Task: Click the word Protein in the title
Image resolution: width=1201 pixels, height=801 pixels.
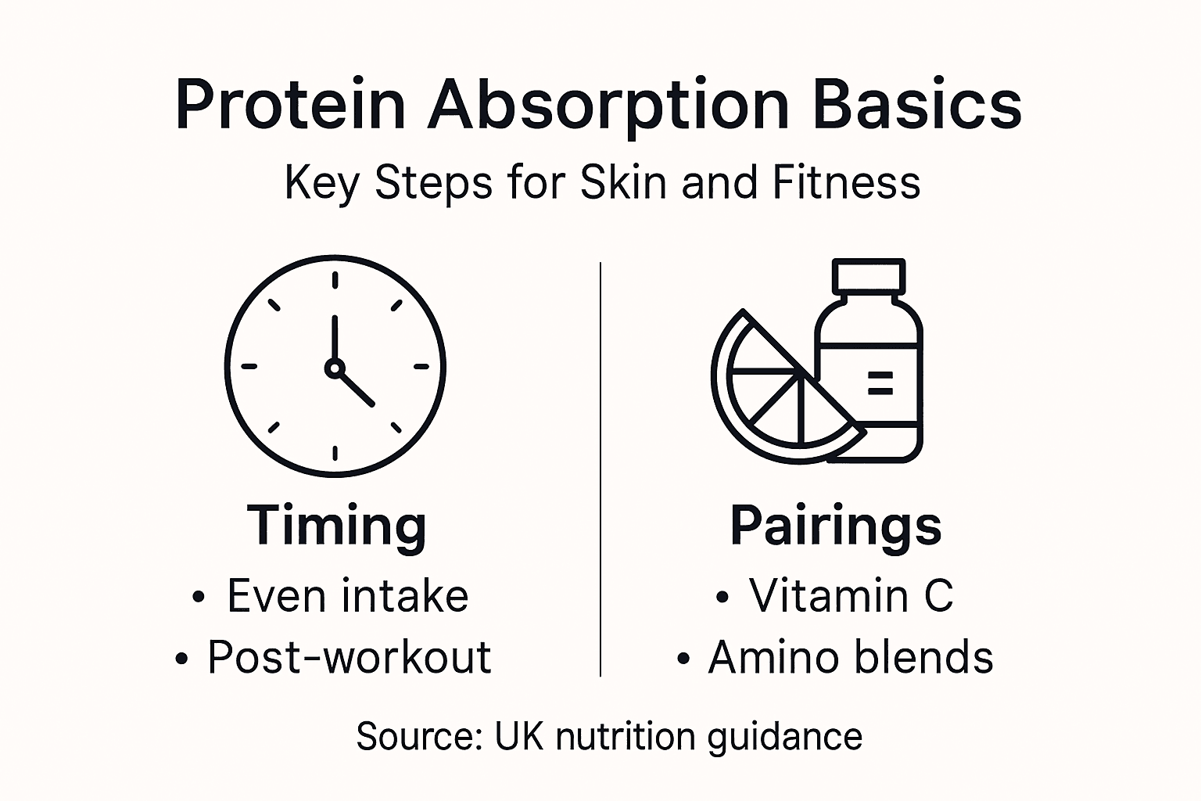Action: (290, 106)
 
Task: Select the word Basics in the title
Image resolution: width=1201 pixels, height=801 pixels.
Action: (917, 106)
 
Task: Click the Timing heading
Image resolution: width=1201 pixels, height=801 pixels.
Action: (336, 526)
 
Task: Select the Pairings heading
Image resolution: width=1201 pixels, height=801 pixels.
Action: (835, 526)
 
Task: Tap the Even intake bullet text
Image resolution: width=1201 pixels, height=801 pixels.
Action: (347, 596)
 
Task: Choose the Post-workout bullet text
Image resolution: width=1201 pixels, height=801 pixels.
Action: (349, 657)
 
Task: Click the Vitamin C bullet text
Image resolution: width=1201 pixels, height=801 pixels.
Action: (851, 596)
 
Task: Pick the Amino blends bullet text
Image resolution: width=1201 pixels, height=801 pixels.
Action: (850, 657)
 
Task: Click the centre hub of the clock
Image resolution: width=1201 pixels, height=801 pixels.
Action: (335, 367)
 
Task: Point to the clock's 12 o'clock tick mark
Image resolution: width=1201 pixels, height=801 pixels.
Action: (335, 280)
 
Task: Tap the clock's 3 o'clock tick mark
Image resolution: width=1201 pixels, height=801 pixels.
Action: (421, 366)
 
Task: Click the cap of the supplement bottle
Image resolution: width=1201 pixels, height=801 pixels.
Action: (869, 275)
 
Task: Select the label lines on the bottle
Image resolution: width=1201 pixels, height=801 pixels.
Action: (880, 383)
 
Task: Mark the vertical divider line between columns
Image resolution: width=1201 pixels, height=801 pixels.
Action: (600, 469)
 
